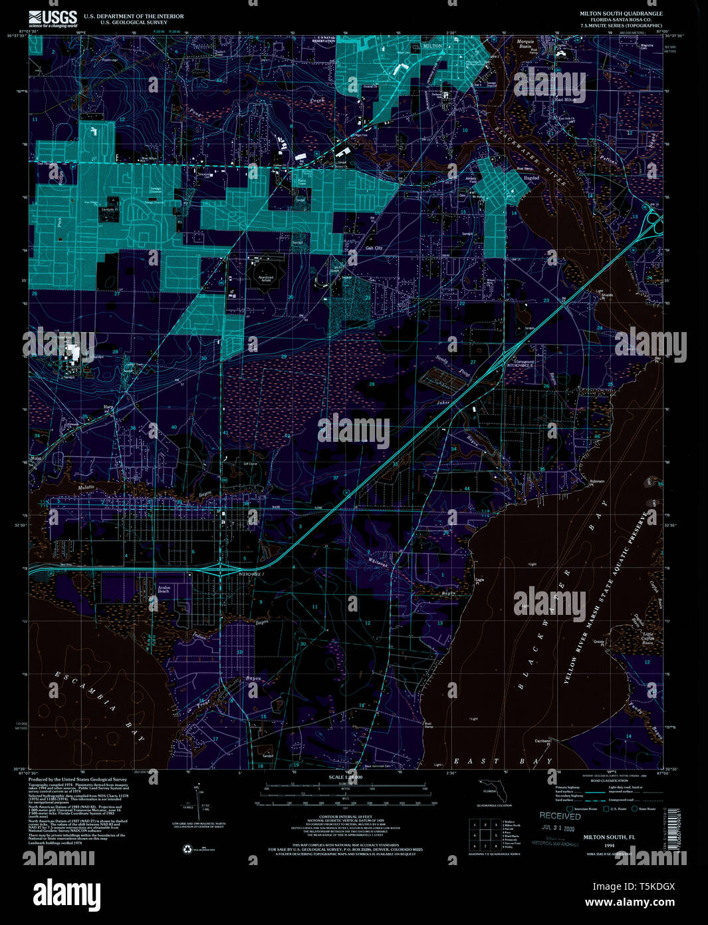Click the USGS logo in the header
coord(53,18)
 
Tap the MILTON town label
coord(432,46)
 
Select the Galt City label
coord(374,248)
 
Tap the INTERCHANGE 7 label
coord(251,574)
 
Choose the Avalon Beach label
coord(164,589)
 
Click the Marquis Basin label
coord(527,44)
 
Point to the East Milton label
coord(564,100)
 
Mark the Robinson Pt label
coord(597,482)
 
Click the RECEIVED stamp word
coord(560,816)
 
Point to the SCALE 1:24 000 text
coord(346,777)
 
